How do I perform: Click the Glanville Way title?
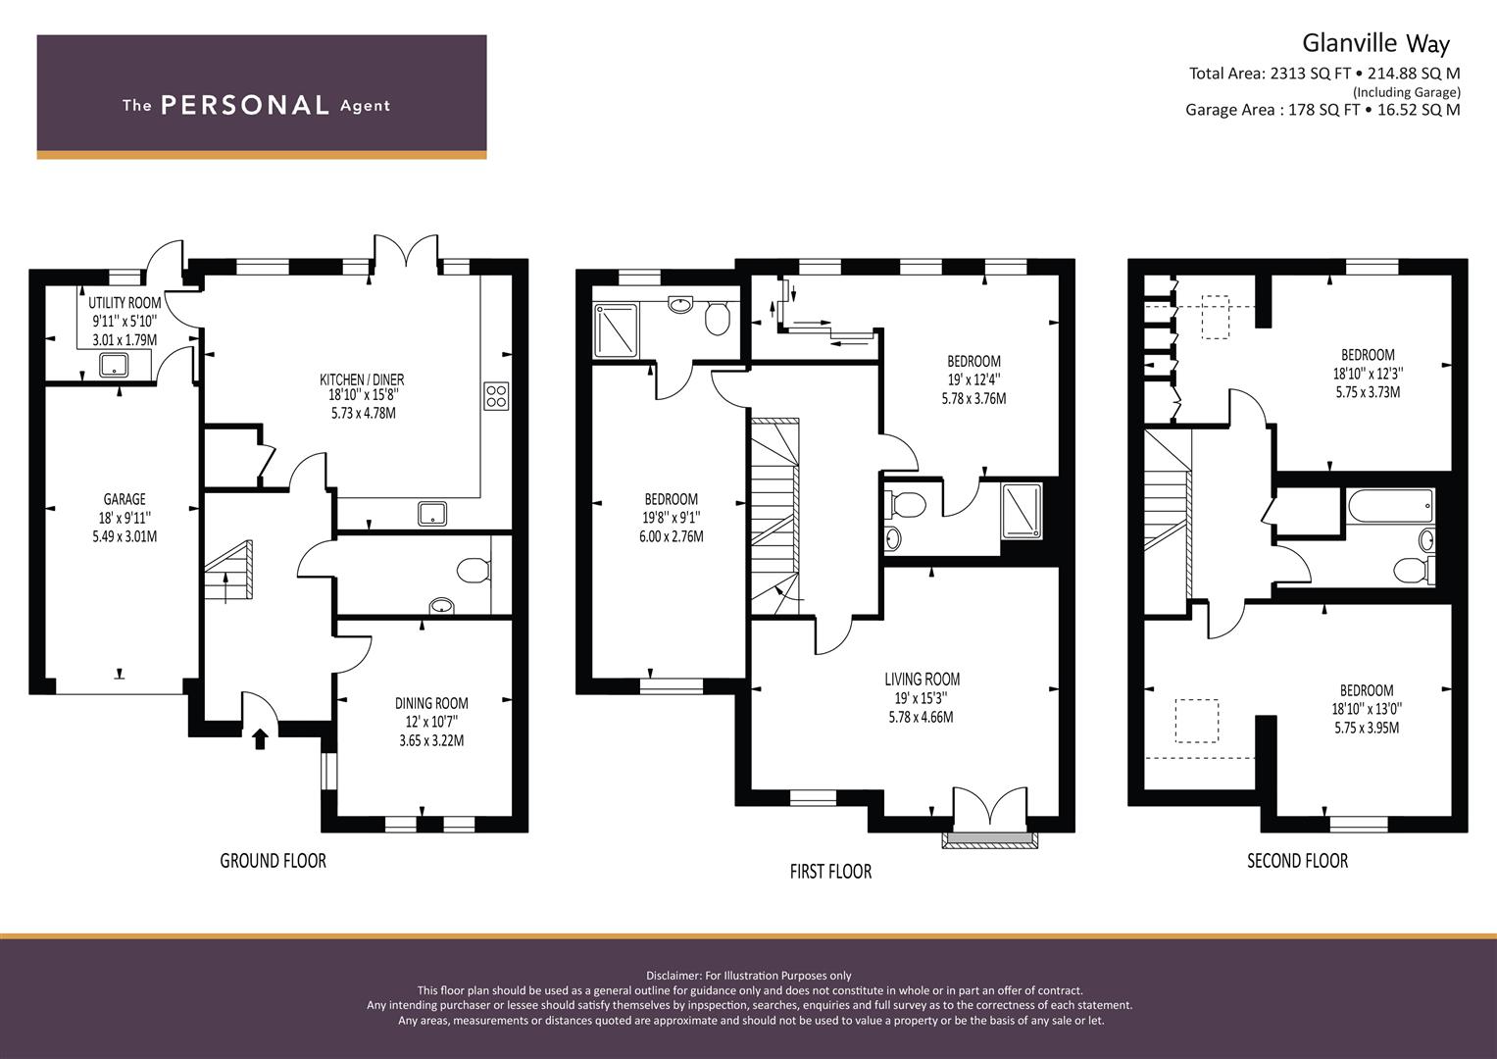(1376, 44)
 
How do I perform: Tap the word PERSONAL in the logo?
(245, 105)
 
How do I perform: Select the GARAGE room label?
(125, 499)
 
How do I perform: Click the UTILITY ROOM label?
(125, 303)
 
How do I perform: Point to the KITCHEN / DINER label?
(362, 379)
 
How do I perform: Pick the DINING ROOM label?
(431, 703)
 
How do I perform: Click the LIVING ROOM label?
(923, 680)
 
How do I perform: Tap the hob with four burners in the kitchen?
(496, 396)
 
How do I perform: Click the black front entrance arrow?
(260, 738)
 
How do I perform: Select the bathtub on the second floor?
(1391, 506)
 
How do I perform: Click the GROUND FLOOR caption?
(274, 861)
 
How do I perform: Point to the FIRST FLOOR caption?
(830, 871)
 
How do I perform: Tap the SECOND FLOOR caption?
(1298, 861)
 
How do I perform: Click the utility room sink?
(114, 366)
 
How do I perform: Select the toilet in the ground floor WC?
(474, 571)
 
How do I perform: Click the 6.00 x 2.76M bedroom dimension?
(671, 536)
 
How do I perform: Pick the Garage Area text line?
(1322, 110)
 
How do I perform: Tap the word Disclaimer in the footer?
(674, 976)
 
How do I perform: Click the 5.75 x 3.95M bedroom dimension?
(1367, 728)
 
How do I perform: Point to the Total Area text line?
(1324, 74)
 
